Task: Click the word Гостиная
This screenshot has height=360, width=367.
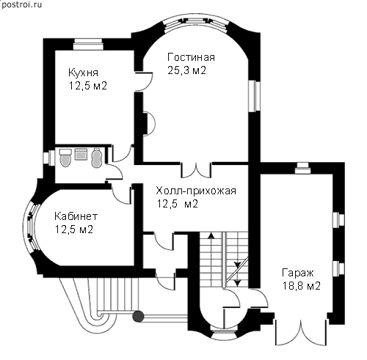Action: (191, 58)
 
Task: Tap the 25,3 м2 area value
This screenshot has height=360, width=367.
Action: (187, 70)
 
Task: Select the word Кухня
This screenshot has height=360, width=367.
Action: (83, 73)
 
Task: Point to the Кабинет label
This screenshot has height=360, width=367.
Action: (76, 216)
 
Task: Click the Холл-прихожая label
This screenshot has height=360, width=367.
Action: (196, 191)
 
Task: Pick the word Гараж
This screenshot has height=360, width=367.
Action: (298, 273)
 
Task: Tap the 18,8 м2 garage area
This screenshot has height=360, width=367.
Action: (302, 286)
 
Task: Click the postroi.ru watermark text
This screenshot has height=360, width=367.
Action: (21, 4)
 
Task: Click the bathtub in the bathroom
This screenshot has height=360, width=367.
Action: (97, 158)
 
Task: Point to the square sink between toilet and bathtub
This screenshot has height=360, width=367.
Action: (81, 154)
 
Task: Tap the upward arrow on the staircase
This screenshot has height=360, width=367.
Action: (211, 235)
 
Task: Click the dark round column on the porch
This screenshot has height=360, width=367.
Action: (138, 316)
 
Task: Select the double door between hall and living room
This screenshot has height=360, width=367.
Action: (196, 170)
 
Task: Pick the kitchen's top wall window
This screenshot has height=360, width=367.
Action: (88, 44)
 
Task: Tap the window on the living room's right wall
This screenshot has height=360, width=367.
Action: (255, 96)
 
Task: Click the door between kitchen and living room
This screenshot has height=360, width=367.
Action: (144, 81)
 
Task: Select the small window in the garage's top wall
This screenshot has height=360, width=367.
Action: (302, 168)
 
